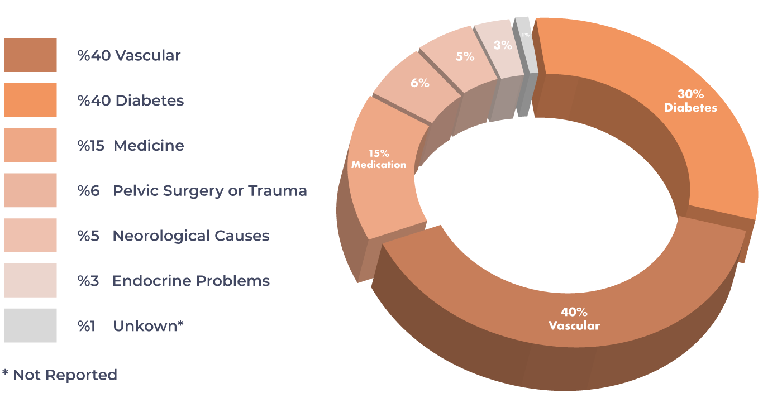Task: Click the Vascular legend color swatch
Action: [x=30, y=55]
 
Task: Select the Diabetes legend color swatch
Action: [x=30, y=100]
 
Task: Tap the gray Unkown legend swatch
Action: [x=30, y=325]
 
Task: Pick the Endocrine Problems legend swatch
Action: [x=30, y=280]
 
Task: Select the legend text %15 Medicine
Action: [x=131, y=146]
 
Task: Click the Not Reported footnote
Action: [x=60, y=375]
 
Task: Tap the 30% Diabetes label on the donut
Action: [x=690, y=101]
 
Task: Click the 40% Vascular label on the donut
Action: [x=574, y=319]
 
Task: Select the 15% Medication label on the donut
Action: [x=379, y=159]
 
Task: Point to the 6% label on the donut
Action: [x=419, y=83]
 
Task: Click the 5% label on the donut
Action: [x=465, y=56]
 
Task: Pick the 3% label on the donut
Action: [x=503, y=45]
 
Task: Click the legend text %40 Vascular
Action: [x=129, y=56]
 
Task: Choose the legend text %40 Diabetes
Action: [x=131, y=100]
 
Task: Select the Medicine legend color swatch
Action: [x=30, y=145]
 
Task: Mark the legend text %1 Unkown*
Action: [x=131, y=326]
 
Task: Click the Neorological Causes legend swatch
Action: [x=30, y=235]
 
